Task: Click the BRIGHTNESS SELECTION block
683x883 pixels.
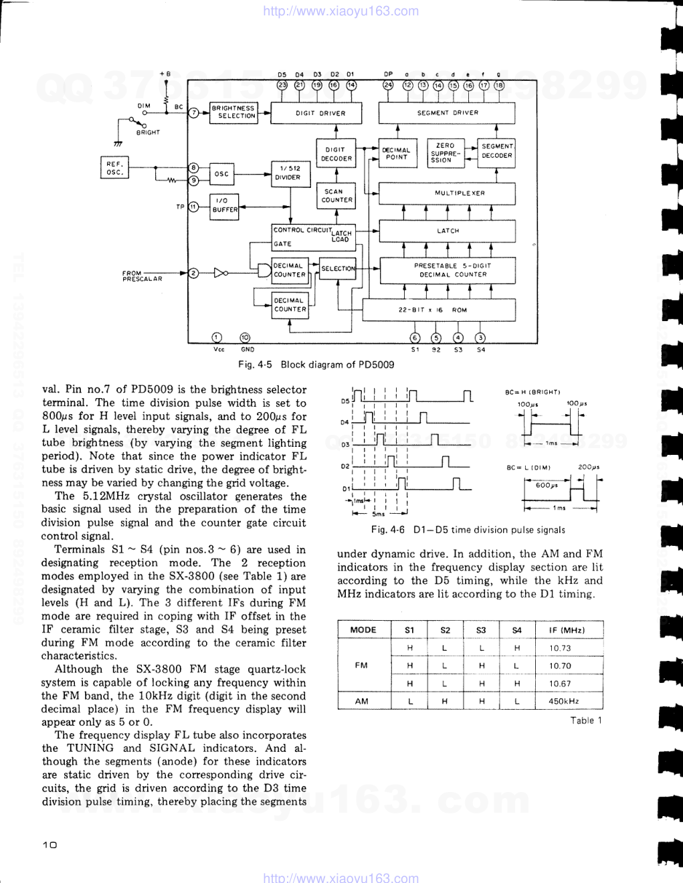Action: [x=233, y=112]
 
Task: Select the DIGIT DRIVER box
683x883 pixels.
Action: [x=320, y=113]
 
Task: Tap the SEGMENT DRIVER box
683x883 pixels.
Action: [x=447, y=113]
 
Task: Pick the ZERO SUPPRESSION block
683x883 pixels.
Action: [x=444, y=153]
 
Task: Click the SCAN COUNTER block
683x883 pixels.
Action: [x=336, y=195]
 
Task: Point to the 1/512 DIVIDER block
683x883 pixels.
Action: [x=288, y=173]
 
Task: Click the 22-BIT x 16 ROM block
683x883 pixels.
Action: [x=439, y=310]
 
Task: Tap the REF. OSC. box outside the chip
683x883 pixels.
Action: [x=114, y=168]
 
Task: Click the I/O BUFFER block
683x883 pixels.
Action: [x=224, y=205]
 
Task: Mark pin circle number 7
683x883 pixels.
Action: [x=193, y=113]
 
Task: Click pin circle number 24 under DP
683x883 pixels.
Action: [x=388, y=85]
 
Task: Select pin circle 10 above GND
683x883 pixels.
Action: [x=246, y=338]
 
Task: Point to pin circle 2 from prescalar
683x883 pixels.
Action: [x=193, y=273]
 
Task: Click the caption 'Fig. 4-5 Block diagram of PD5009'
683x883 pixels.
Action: [x=316, y=365]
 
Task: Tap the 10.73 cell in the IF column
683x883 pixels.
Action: [x=560, y=648]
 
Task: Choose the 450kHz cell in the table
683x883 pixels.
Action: [x=564, y=701]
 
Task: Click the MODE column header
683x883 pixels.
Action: [x=363, y=629]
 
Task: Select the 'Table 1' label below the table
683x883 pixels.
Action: [x=586, y=720]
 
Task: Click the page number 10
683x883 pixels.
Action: [x=50, y=845]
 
